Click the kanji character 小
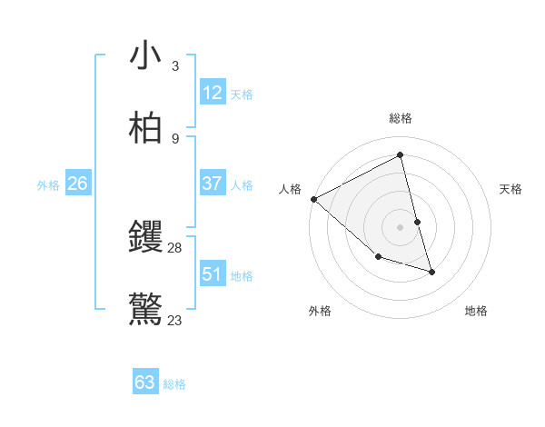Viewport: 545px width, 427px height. click(145, 57)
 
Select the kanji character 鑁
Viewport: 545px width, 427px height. click(145, 238)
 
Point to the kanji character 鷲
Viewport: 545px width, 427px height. click(145, 309)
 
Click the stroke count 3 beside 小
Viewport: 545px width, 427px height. click(175, 66)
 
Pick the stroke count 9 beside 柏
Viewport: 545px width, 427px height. click(175, 138)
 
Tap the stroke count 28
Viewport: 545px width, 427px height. click(175, 248)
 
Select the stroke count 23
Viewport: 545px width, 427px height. click(175, 320)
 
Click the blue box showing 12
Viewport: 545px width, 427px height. click(213, 93)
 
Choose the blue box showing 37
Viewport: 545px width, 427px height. click(213, 184)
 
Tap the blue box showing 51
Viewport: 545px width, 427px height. click(213, 274)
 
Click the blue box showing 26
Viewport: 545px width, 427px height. click(77, 184)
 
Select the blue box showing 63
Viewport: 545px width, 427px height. click(145, 382)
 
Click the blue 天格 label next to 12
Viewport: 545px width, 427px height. click(242, 94)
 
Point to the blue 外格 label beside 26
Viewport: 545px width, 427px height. click(48, 185)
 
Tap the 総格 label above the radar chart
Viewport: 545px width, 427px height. click(401, 118)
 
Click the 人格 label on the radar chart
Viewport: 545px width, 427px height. click(290, 189)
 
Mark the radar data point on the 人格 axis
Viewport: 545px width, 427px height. click(313, 199)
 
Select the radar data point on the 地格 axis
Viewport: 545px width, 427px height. click(431, 272)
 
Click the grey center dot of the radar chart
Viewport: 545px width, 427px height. click(401, 227)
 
